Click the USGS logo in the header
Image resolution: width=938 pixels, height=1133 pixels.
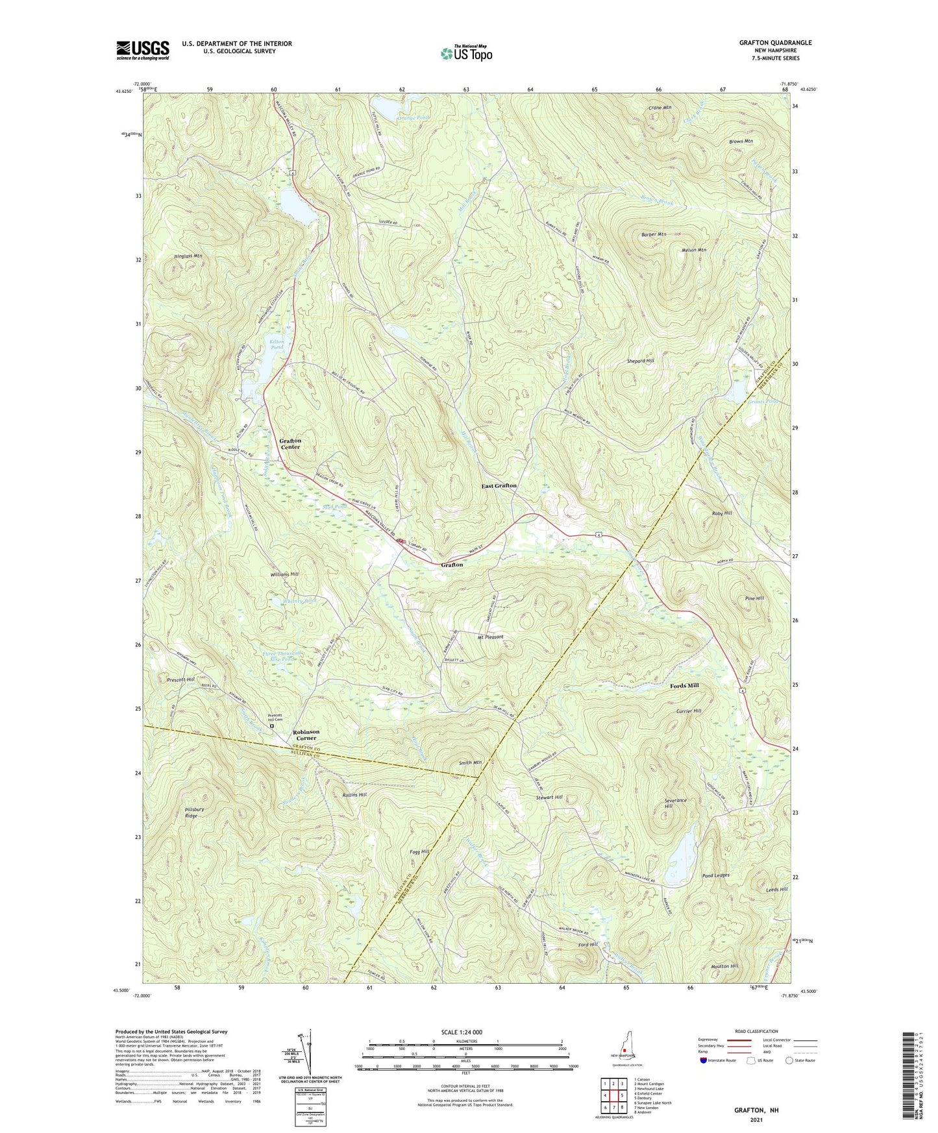[x=143, y=50]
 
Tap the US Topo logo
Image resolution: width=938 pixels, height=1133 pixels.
[x=466, y=53]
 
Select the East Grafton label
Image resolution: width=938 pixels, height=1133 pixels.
[x=499, y=485]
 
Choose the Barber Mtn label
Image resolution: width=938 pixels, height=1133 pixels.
[x=653, y=234]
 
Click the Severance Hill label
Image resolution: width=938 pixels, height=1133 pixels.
[x=675, y=803]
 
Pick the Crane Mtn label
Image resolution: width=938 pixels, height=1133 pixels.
[x=660, y=108]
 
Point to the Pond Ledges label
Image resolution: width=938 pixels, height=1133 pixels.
[x=715, y=875]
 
